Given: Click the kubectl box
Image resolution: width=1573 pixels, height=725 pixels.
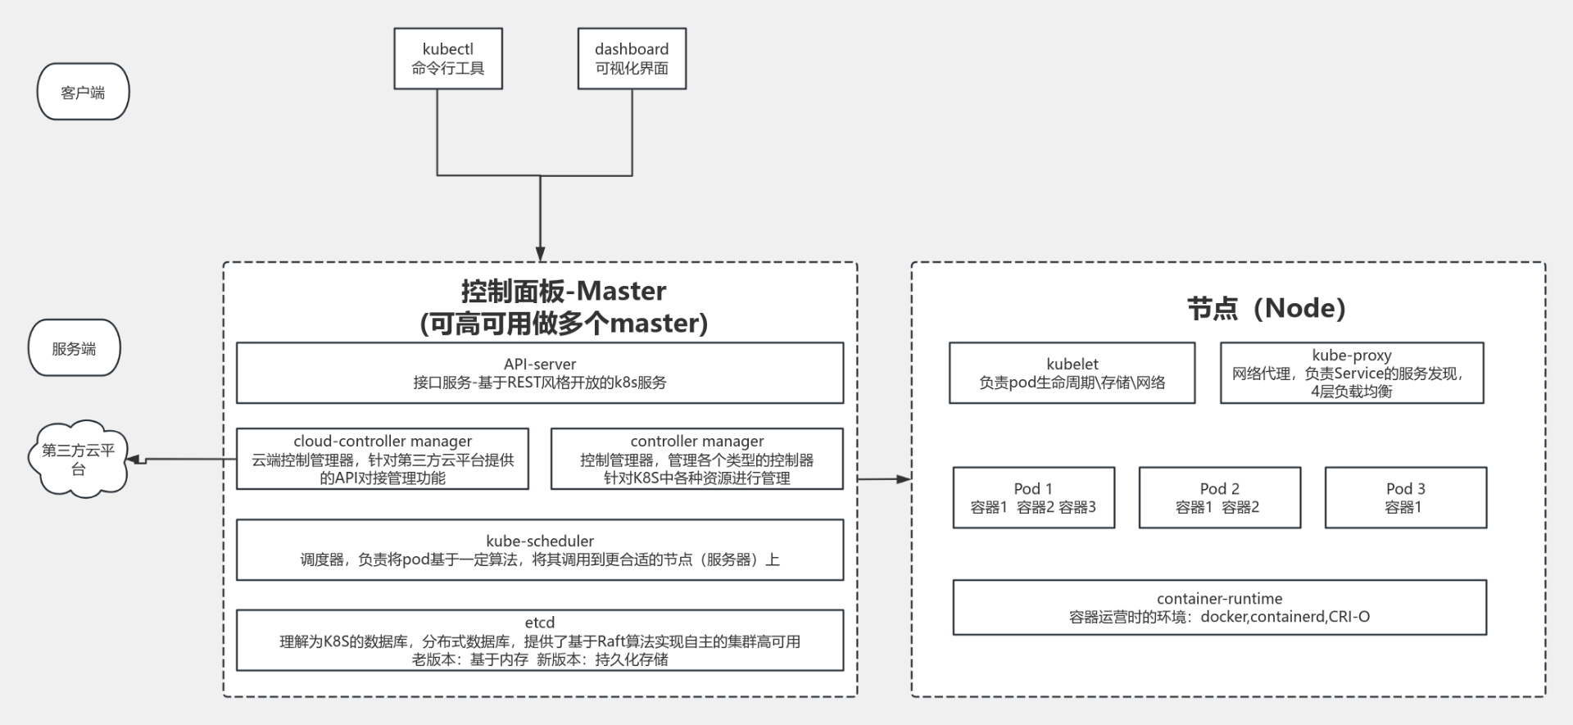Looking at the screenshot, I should (447, 58).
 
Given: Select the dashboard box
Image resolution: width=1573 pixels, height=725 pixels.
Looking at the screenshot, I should (631, 58).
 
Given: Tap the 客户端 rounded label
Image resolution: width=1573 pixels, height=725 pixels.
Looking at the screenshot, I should (83, 92).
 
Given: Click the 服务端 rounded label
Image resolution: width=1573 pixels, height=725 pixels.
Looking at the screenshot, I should (74, 348).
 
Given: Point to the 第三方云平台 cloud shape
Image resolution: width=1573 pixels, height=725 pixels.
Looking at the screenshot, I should (78, 459).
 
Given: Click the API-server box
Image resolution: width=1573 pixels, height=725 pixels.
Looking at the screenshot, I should (539, 373).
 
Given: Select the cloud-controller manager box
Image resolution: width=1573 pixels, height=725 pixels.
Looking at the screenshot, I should (382, 459).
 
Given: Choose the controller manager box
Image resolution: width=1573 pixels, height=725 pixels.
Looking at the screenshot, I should (696, 459).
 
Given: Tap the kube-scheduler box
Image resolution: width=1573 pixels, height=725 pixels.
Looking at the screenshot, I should (539, 550).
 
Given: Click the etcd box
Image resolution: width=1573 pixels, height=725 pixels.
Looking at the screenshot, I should (539, 640).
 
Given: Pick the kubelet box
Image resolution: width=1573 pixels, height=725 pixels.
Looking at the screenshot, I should (1072, 373).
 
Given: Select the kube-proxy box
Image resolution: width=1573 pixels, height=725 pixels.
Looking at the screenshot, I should (1351, 373).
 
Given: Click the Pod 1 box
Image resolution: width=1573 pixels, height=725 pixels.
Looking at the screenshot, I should (1033, 497).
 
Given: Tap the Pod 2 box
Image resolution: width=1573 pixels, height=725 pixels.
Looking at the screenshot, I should (1219, 497).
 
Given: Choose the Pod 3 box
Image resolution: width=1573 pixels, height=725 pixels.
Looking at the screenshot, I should (1405, 497).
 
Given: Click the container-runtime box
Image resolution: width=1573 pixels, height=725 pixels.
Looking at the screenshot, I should (1219, 607).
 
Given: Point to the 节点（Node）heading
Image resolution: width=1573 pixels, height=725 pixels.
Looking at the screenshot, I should (1266, 308).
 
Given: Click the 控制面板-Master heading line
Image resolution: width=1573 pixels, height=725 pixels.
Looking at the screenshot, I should (564, 291).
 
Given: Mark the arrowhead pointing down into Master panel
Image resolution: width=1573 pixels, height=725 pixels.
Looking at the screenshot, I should (540, 254).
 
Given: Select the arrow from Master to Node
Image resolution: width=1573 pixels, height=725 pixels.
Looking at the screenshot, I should (885, 478).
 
